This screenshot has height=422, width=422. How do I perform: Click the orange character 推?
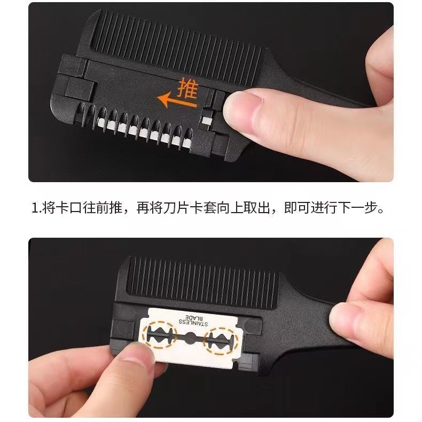[188, 88]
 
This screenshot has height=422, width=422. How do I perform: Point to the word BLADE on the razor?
[193, 316]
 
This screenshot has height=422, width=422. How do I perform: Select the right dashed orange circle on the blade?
[221, 341]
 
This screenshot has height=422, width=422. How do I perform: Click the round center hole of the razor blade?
[191, 338]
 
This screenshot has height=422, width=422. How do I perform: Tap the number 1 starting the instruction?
[35, 208]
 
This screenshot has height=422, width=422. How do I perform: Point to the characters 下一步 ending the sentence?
[358, 208]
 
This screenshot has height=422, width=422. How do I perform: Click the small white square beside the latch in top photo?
[206, 120]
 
